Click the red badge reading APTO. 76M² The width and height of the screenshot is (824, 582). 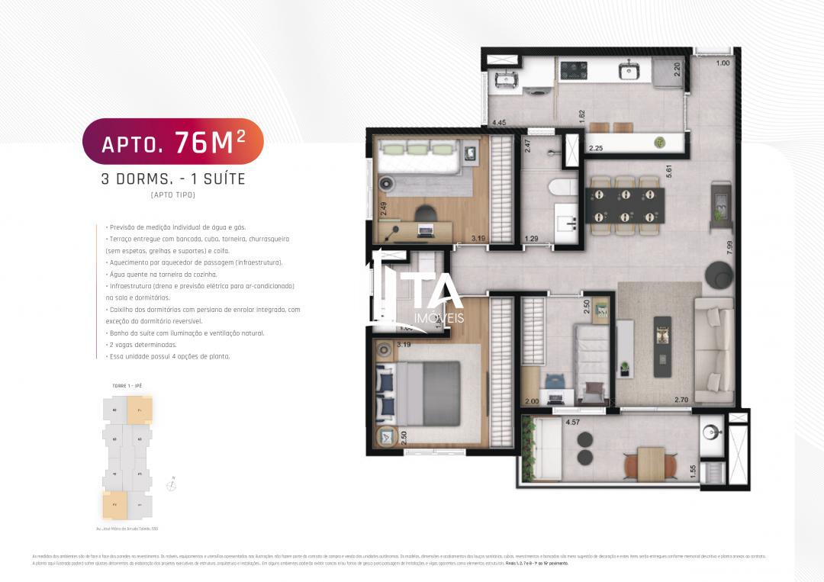coord(172,141)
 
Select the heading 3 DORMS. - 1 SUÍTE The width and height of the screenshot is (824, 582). coord(172,180)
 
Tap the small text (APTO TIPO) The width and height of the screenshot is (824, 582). coord(172,195)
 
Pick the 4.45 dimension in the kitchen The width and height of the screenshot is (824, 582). coord(499,122)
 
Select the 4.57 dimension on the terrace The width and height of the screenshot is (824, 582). coord(573,421)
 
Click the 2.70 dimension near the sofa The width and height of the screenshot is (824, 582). coord(681,400)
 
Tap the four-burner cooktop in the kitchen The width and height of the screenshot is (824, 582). coord(573,71)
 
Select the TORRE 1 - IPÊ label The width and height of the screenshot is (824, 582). coord(127,386)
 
